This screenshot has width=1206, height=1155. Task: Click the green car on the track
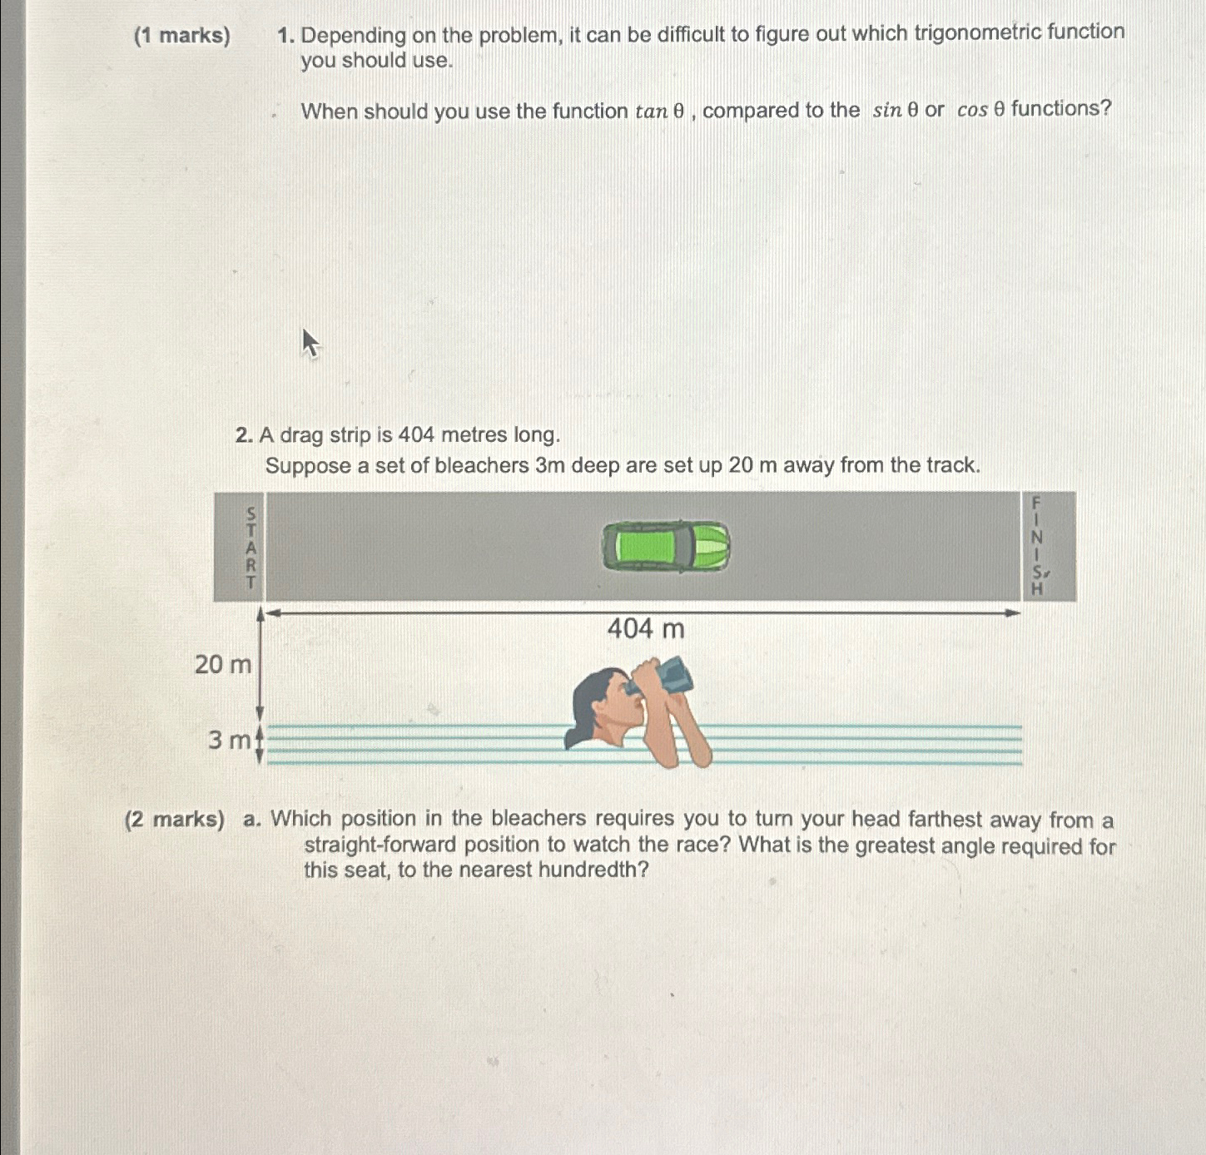666,547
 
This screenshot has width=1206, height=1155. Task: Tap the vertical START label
251,548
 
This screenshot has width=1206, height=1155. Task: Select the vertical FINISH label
1037,546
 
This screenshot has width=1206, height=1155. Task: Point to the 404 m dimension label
646,629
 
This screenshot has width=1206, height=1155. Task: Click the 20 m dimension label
222,665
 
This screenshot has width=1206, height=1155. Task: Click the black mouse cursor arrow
310,343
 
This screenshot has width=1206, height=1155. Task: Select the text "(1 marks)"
182,36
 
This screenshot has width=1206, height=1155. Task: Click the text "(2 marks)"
175,820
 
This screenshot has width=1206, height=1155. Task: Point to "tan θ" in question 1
659,112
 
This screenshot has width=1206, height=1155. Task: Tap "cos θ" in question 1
980,109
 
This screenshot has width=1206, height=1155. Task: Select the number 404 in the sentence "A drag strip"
416,435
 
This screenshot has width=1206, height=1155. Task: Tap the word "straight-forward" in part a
380,845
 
